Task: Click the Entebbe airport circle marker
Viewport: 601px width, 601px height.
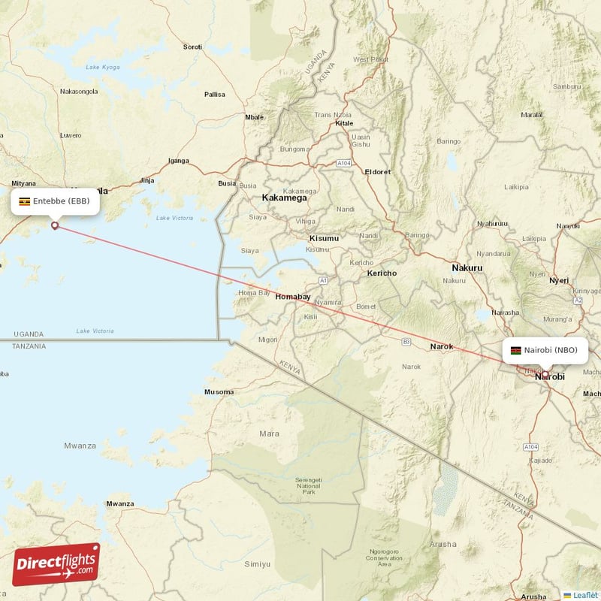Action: click(54, 225)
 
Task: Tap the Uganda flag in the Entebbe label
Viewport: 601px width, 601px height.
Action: click(25, 201)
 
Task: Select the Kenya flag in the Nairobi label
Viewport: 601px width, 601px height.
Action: click(515, 350)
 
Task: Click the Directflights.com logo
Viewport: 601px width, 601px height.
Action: click(56, 565)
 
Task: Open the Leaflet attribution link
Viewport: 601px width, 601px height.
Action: click(584, 594)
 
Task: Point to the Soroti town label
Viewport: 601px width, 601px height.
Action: click(192, 47)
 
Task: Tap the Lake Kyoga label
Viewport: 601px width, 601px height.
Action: click(103, 68)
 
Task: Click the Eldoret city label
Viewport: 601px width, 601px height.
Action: click(377, 171)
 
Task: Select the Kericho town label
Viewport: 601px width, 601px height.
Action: click(381, 273)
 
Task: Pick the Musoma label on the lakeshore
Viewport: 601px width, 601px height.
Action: click(219, 392)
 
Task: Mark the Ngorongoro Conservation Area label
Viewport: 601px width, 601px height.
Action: click(384, 557)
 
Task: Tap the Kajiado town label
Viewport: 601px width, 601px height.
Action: click(540, 460)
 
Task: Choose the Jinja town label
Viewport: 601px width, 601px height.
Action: click(146, 180)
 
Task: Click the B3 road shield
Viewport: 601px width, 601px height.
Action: click(406, 341)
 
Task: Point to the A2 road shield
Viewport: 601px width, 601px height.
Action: click(578, 300)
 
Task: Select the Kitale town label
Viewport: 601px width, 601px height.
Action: click(344, 122)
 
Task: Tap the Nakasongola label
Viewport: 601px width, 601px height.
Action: click(79, 91)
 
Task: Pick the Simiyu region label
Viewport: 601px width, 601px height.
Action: click(258, 563)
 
